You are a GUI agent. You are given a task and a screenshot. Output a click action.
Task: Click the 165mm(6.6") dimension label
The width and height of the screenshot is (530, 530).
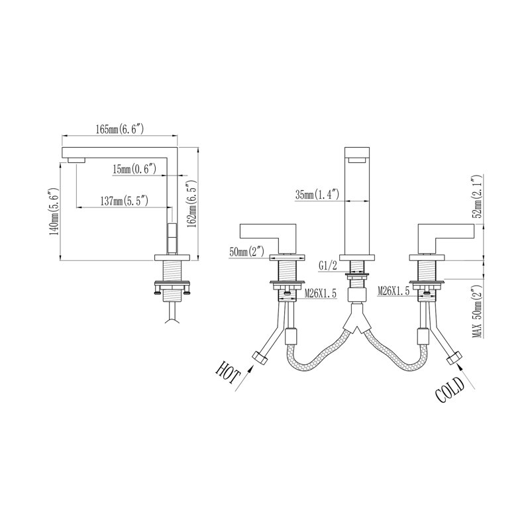(120, 129)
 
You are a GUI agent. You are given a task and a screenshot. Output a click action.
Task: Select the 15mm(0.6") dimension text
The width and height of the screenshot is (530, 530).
(134, 169)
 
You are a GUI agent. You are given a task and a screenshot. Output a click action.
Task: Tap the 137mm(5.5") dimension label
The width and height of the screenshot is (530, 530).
(125, 201)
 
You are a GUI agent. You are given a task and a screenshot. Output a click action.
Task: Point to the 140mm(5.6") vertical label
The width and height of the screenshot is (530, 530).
(54, 211)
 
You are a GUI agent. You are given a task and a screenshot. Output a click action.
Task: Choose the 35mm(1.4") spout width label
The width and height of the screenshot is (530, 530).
(317, 194)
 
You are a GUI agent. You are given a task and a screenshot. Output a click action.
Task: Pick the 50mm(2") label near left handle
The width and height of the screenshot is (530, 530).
(246, 252)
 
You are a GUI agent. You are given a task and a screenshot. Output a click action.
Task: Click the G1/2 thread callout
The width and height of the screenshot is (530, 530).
(328, 266)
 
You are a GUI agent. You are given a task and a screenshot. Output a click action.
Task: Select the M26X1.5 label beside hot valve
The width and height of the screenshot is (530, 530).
(321, 293)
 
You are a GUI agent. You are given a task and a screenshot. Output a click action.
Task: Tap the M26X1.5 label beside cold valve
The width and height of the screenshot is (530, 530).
(393, 290)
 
